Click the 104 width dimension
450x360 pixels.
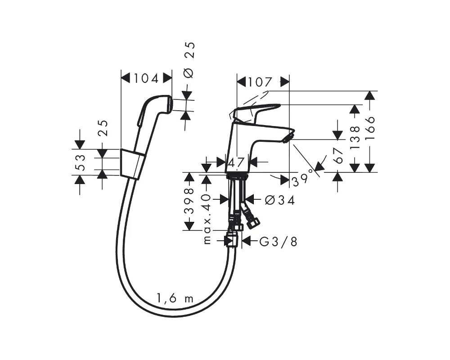point(146,78)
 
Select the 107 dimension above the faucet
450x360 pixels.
point(260,82)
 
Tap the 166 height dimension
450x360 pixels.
point(370,128)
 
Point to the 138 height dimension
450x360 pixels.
point(355,137)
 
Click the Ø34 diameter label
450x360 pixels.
point(280,200)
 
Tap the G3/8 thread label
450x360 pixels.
point(278,242)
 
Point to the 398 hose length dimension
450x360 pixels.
point(189,201)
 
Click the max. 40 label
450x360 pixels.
point(207,219)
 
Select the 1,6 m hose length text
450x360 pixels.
point(175,298)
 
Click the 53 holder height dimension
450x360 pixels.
point(81,162)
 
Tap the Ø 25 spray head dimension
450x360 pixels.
point(189,60)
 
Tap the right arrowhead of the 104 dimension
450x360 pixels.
point(167,78)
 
